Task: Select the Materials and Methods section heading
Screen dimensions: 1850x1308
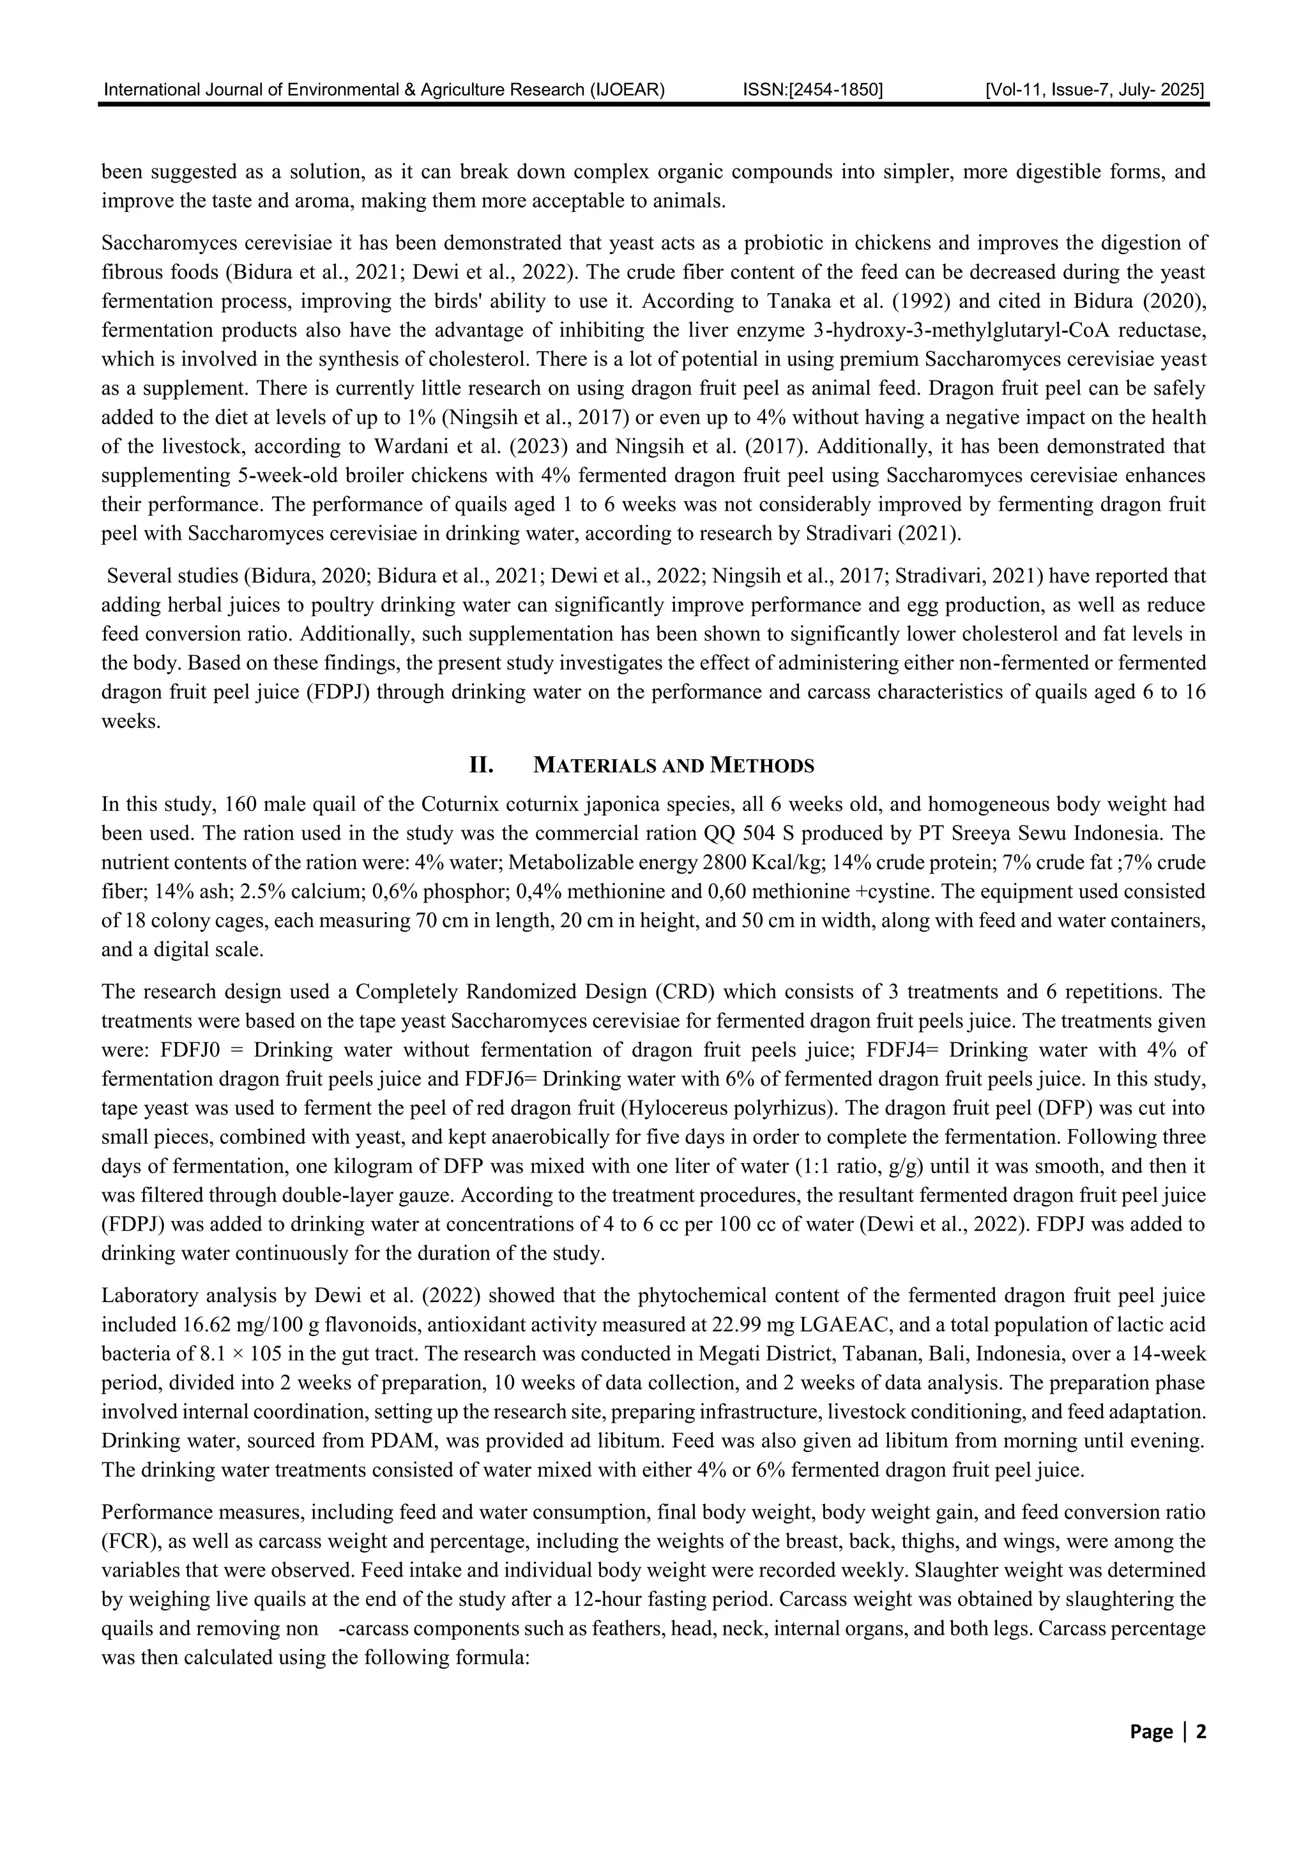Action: [x=674, y=766]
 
